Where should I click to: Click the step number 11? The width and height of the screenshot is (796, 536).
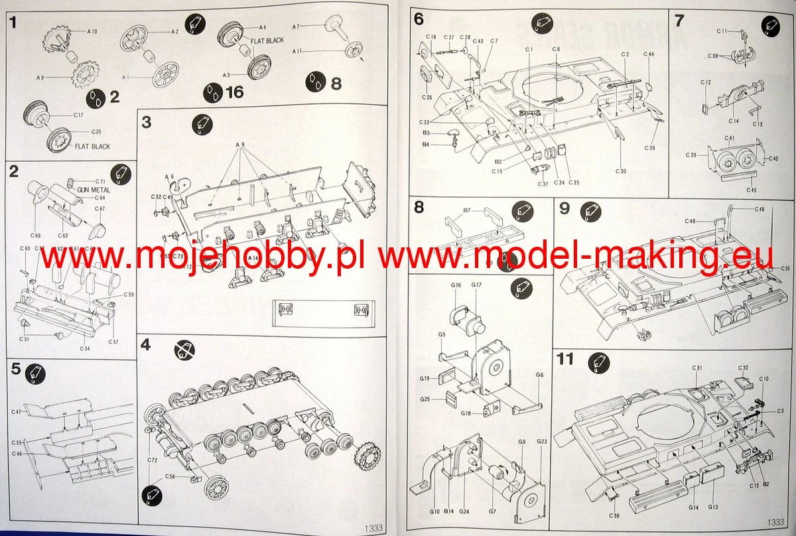(565, 359)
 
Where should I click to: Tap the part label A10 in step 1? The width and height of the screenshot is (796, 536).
(92, 31)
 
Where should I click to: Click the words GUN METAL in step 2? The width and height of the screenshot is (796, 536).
(94, 189)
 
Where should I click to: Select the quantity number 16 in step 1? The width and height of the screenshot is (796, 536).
(234, 92)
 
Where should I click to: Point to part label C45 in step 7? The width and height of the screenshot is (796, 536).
(751, 190)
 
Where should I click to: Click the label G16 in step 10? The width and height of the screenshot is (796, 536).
(456, 285)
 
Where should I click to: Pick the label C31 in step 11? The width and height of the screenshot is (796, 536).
(697, 368)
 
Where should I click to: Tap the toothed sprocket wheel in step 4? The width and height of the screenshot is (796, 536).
(366, 459)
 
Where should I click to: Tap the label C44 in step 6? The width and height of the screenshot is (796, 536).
(649, 54)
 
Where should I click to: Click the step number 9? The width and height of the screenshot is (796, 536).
(564, 209)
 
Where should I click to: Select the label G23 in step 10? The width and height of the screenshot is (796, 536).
(542, 441)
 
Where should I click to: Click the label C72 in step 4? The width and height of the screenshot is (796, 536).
(152, 460)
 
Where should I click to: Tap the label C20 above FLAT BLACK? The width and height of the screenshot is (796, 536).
(96, 131)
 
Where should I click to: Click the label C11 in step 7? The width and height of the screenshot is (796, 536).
(722, 31)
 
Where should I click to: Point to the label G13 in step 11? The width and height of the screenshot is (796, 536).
(713, 507)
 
